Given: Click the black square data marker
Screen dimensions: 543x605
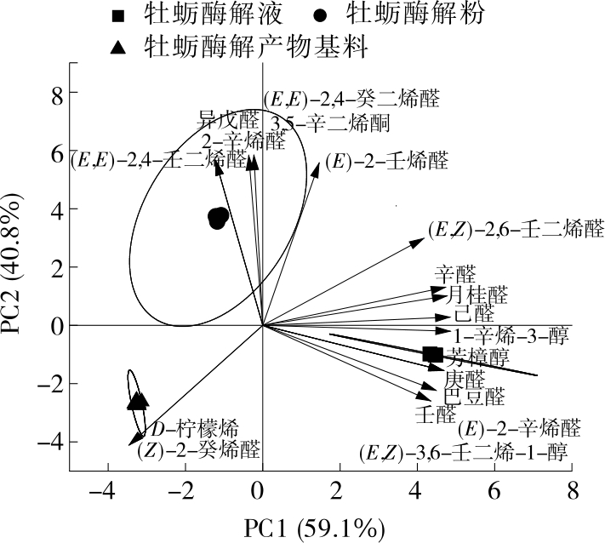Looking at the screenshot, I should (432, 354).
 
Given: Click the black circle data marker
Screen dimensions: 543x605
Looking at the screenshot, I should (219, 218).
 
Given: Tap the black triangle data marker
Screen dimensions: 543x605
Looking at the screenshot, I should (138, 400).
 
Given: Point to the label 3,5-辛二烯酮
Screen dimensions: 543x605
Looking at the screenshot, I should (331, 123).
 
